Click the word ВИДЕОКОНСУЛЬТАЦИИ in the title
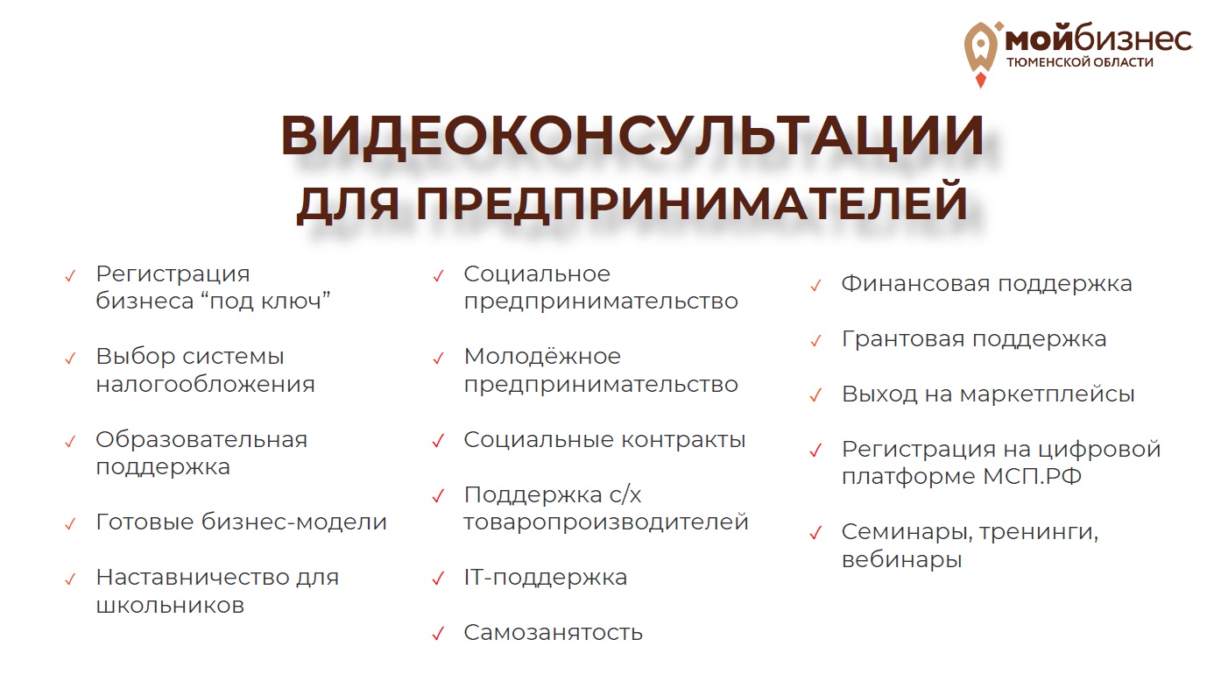click(632, 134)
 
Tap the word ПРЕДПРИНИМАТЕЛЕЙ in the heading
click(692, 202)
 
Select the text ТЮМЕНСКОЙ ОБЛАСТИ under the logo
click(1079, 62)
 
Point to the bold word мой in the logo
click(1039, 39)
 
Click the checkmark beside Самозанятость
click(438, 634)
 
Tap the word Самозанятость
click(554, 633)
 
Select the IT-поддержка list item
click(546, 578)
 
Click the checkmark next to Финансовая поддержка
click(815, 286)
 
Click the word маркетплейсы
click(1047, 394)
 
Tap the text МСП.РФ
click(1033, 476)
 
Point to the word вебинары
click(901, 559)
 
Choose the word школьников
click(170, 605)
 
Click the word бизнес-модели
click(294, 522)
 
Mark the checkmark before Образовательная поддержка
click(70, 442)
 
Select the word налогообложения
click(206, 385)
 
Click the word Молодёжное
click(542, 357)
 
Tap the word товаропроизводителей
click(606, 522)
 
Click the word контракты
click(683, 440)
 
